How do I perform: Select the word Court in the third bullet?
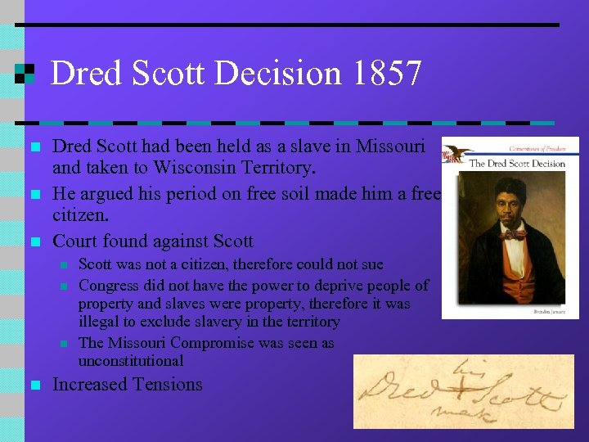tap(75, 241)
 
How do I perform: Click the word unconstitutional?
tap(131, 360)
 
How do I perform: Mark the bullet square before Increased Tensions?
tap(34, 385)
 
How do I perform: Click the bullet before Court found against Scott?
tap(34, 241)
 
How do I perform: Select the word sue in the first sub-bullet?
tap(371, 264)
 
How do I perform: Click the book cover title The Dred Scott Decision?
tap(516, 163)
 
